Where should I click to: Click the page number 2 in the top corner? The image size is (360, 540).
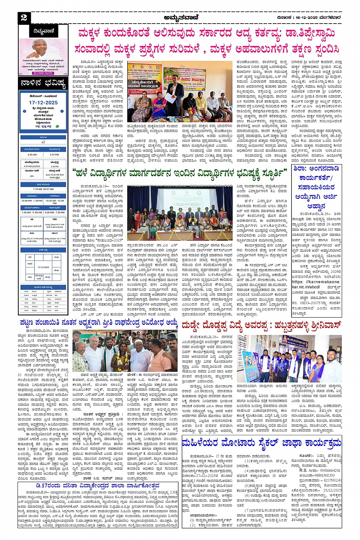pyautogui.click(x=24, y=18)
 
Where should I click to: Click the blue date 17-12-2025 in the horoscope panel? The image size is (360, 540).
pyautogui.click(x=43, y=102)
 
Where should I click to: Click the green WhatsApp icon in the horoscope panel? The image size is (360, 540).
pyautogui.click(x=58, y=126)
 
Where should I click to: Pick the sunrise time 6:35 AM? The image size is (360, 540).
pyautogui.click(x=32, y=155)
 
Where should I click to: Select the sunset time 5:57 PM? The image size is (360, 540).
pyautogui.click(x=54, y=155)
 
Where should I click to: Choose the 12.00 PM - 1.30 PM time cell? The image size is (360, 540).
pyautogui.click(x=32, y=201)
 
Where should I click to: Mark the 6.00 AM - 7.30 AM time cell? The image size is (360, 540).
pyautogui.click(x=54, y=212)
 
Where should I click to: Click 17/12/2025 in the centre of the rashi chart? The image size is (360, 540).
pyautogui.click(x=43, y=267)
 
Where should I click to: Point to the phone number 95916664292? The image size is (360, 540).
pyautogui.click(x=325, y=470)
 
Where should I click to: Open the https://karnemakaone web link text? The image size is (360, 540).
pyautogui.click(x=316, y=282)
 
